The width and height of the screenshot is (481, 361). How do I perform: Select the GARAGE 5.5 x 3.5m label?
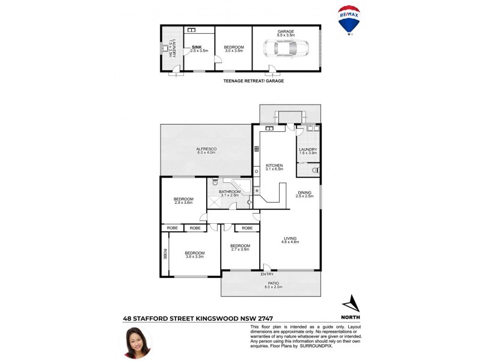(286, 34)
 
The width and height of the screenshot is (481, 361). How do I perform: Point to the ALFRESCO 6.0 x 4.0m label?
(206, 150)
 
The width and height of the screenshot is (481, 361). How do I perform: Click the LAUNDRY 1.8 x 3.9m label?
(308, 152)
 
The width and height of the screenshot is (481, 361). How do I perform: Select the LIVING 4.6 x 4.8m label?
(290, 239)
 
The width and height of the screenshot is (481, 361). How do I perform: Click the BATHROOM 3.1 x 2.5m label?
(229, 193)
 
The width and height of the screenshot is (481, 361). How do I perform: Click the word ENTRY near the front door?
(267, 275)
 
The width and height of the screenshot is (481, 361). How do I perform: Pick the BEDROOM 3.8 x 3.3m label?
(195, 255)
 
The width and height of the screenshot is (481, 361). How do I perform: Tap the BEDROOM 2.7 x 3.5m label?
(240, 247)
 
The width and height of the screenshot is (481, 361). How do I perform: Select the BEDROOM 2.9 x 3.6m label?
(183, 201)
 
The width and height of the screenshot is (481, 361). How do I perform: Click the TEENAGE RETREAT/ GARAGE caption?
(253, 81)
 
